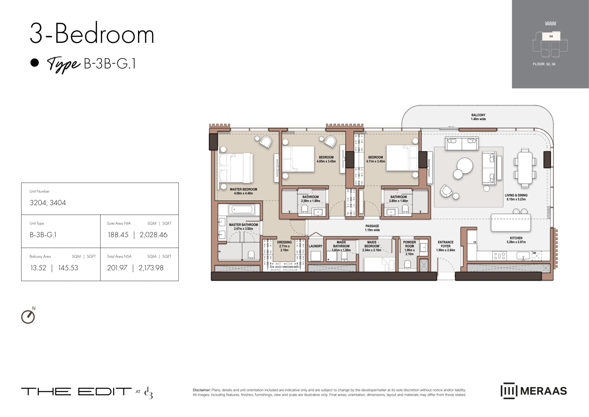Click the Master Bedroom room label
tap(243, 191)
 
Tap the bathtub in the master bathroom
tap(241, 209)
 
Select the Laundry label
tap(315, 246)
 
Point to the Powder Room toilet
tap(408, 265)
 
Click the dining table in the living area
tap(525, 167)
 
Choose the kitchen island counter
tap(511, 223)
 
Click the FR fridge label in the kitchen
tap(475, 242)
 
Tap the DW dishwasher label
tap(534, 253)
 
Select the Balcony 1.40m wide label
tap(478, 117)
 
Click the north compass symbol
tap(28, 316)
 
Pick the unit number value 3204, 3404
tap(48, 203)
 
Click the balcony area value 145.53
tap(68, 268)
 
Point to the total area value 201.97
tap(117, 268)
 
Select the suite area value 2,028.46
tap(154, 235)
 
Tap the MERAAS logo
tap(534, 391)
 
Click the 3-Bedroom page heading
tap(92, 33)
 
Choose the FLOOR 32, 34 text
tap(544, 64)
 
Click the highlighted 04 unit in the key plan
tap(551, 36)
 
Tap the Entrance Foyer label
tap(446, 246)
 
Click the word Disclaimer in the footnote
tap(202, 390)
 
